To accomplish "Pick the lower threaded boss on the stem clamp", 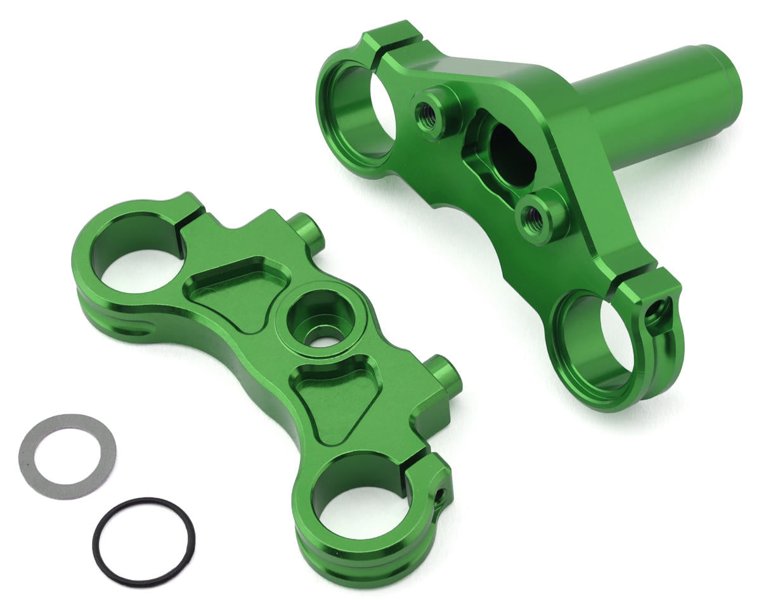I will (x=533, y=219).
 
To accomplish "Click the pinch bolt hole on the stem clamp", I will (x=656, y=311).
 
